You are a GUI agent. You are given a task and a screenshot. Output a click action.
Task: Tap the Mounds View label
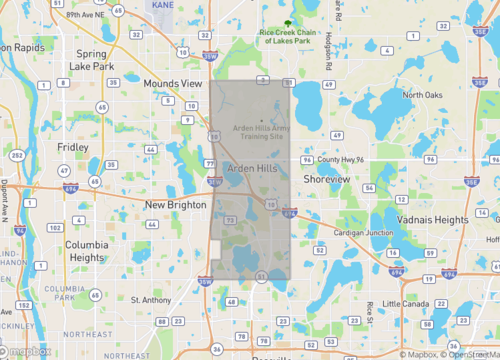click(172, 84)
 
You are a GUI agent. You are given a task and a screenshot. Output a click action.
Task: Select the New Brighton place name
click(175, 205)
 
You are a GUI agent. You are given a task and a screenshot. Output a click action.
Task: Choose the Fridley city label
click(73, 147)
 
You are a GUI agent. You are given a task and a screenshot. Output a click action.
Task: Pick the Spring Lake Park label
click(91, 60)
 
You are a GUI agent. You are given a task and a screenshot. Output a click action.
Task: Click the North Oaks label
click(422, 95)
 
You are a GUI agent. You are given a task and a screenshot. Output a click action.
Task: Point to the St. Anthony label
click(150, 299)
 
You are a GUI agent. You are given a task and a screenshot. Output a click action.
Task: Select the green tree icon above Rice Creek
click(288, 22)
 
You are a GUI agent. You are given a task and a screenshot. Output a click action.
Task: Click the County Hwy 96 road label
click(343, 159)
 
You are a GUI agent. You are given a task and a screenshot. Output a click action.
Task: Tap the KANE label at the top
click(161, 5)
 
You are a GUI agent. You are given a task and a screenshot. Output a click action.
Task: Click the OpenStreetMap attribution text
click(472, 353)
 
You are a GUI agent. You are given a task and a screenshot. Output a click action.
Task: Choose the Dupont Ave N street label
click(5, 200)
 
